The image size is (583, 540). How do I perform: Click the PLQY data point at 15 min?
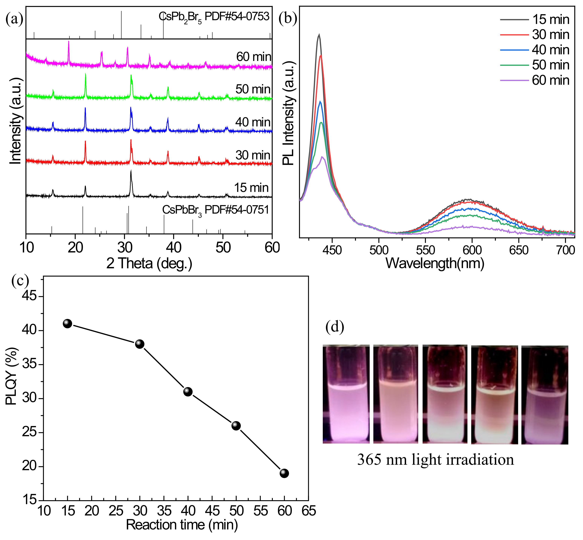click(x=67, y=323)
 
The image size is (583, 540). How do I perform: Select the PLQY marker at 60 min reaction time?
click(x=284, y=473)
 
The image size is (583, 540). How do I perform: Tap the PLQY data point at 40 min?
click(x=188, y=392)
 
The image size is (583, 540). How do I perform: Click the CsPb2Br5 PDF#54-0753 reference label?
click(x=214, y=17)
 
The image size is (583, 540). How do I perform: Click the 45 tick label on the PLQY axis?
click(x=29, y=296)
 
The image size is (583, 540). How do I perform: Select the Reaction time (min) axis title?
click(x=182, y=525)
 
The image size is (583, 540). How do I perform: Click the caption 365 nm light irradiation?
click(x=435, y=460)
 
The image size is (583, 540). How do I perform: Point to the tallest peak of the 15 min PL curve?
click(x=319, y=35)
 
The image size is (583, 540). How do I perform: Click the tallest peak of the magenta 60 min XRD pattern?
click(x=69, y=42)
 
